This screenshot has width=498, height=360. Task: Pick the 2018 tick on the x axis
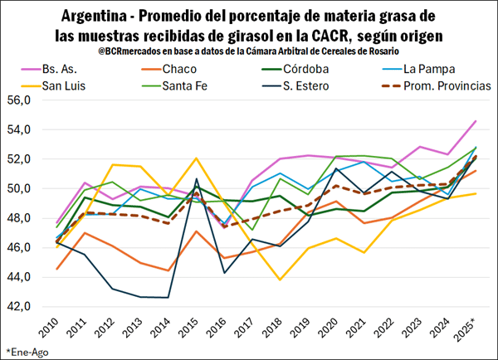[x=280, y=326]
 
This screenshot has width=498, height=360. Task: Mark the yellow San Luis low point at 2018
[x=280, y=280]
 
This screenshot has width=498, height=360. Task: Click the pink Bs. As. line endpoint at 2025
[x=475, y=121]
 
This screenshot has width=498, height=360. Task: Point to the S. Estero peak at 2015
[x=196, y=179]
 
